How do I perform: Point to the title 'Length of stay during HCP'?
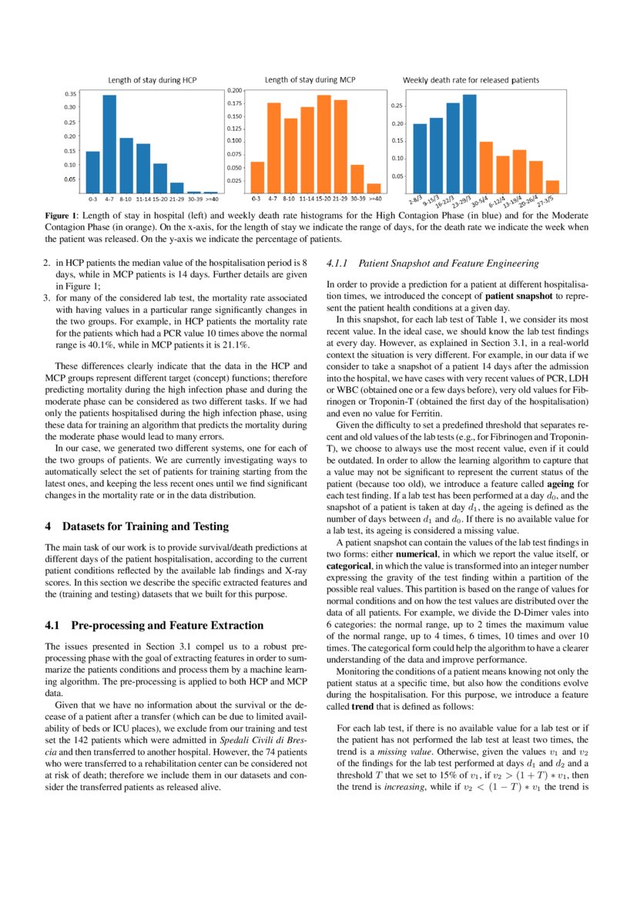152,79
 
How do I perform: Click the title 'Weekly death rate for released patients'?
471,79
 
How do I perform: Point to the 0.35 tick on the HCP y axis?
71,93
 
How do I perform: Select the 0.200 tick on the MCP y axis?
234,90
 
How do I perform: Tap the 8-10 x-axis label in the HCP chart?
126,198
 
